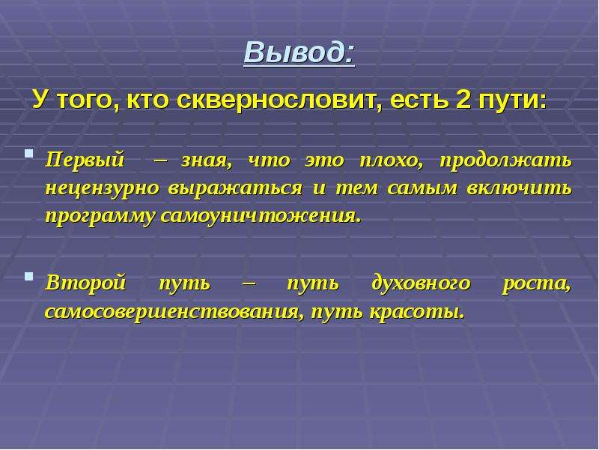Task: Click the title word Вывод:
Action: [299, 52]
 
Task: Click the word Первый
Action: [85, 160]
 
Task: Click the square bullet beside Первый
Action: [28, 154]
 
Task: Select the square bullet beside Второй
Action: [28, 277]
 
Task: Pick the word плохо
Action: [392, 161]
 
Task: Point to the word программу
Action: [100, 217]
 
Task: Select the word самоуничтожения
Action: [261, 217]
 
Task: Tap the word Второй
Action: [85, 284]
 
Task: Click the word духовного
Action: [421, 284]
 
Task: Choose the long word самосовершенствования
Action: [174, 312]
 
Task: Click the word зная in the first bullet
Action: [207, 161]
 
